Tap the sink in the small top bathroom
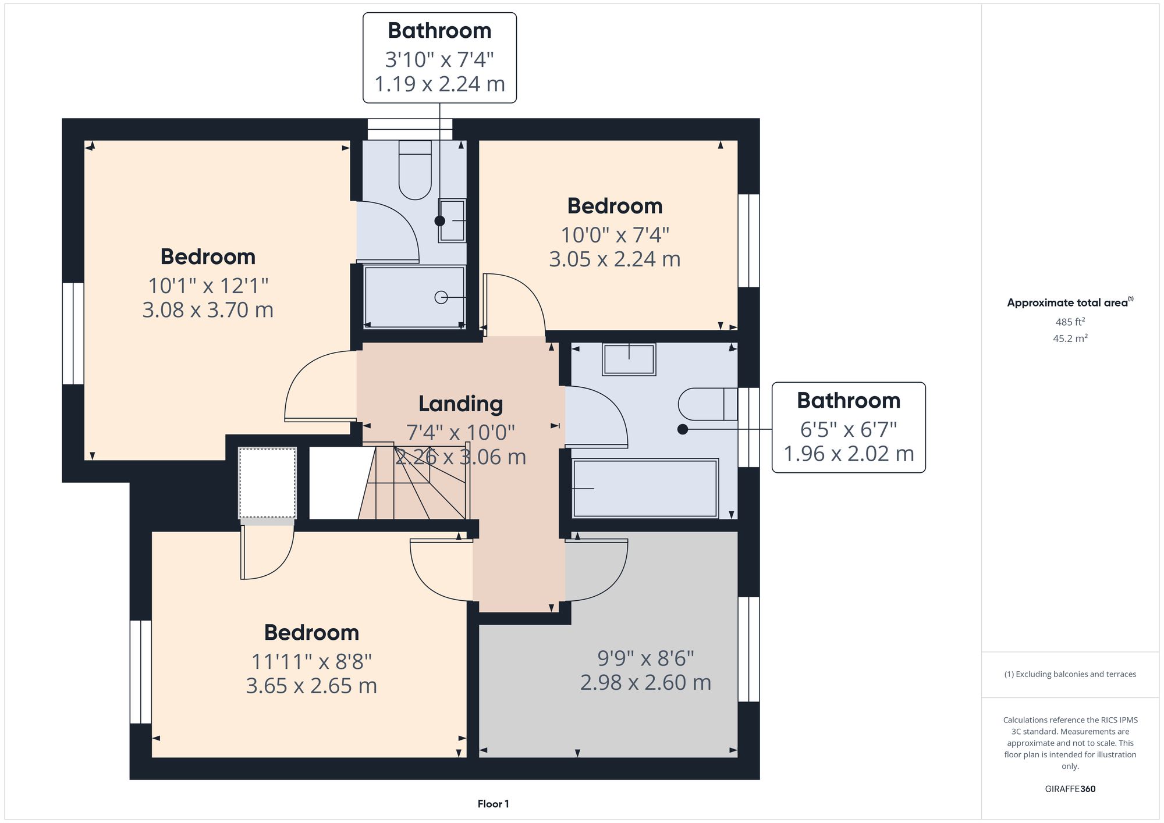click(452, 220)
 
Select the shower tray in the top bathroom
click(414, 297)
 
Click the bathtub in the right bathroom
click(645, 489)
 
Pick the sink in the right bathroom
click(629, 359)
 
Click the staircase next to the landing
click(416, 483)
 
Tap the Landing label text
click(460, 404)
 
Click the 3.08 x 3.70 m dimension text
click(208, 309)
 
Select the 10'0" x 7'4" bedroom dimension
click(615, 235)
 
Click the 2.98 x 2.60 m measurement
click(645, 682)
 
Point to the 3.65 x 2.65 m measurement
click(311, 686)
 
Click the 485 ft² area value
click(1070, 322)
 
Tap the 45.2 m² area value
click(1070, 338)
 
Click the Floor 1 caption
click(493, 804)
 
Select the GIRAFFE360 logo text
click(1070, 789)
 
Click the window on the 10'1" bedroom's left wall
click(73, 333)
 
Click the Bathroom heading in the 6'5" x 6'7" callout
click(848, 400)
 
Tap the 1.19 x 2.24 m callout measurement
click(439, 84)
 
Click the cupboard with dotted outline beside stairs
click(267, 482)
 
